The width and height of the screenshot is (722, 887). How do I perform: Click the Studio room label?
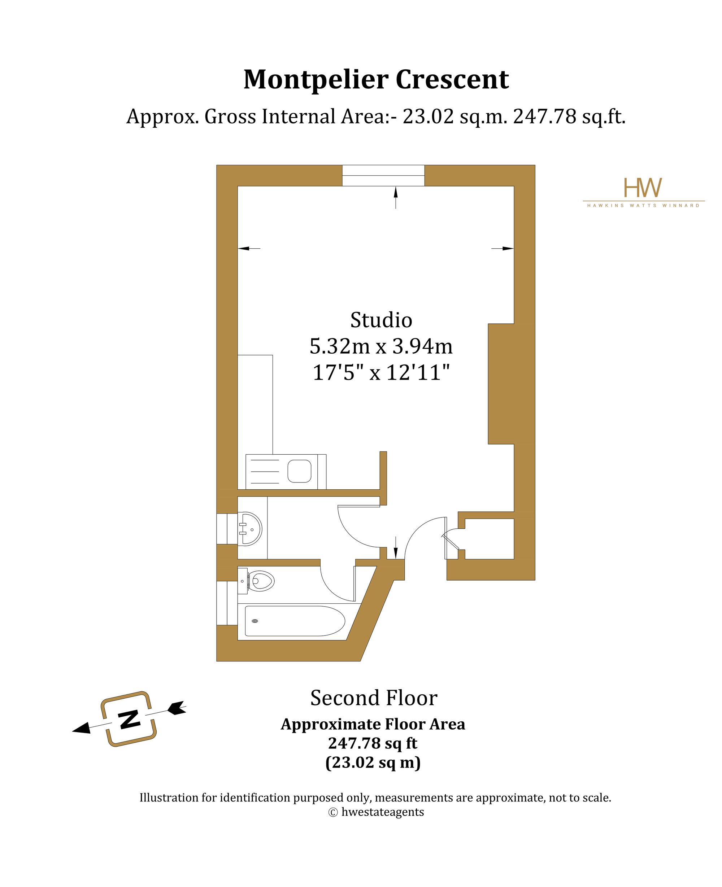[381, 320]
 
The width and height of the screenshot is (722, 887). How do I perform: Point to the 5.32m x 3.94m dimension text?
[381, 346]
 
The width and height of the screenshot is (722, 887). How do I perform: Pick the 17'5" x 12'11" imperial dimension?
[381, 372]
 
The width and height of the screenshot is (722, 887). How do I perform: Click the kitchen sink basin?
[299, 471]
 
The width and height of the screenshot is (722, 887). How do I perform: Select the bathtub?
[295, 621]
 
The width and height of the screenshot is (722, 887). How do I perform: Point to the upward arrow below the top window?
[396, 197]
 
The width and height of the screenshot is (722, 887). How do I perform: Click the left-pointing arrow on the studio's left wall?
[249, 249]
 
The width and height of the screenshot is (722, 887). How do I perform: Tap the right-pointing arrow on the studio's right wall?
[503, 249]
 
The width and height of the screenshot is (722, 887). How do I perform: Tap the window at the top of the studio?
[383, 175]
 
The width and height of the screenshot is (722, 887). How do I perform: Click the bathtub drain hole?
[255, 621]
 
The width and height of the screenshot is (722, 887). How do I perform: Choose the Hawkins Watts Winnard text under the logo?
[643, 206]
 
